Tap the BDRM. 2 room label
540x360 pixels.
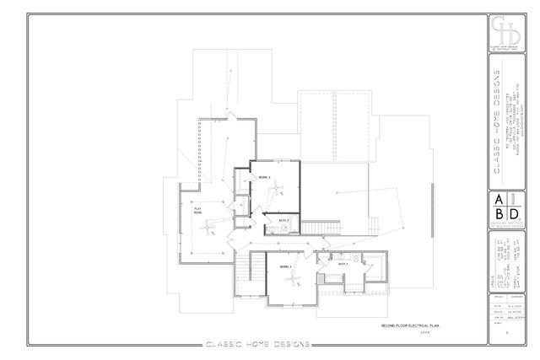(264, 178)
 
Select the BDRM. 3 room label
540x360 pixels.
(285, 266)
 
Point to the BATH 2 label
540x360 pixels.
(283, 221)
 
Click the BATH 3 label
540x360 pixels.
(344, 264)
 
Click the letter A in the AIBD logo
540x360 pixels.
(499, 200)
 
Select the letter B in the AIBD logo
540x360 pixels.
(499, 214)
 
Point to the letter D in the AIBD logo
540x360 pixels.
(513, 214)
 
